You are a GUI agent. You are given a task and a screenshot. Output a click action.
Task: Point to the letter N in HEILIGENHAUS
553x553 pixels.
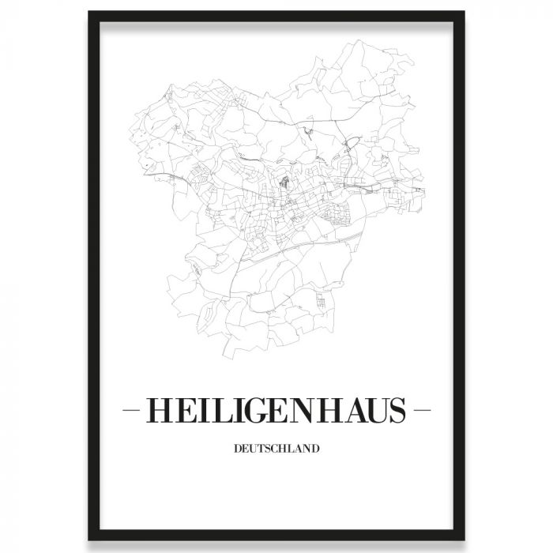click(x=304, y=411)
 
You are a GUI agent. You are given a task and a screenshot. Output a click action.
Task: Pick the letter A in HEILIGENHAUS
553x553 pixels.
click(x=355, y=411)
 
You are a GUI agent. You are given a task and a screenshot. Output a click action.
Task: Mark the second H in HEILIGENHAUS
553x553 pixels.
click(x=330, y=411)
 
